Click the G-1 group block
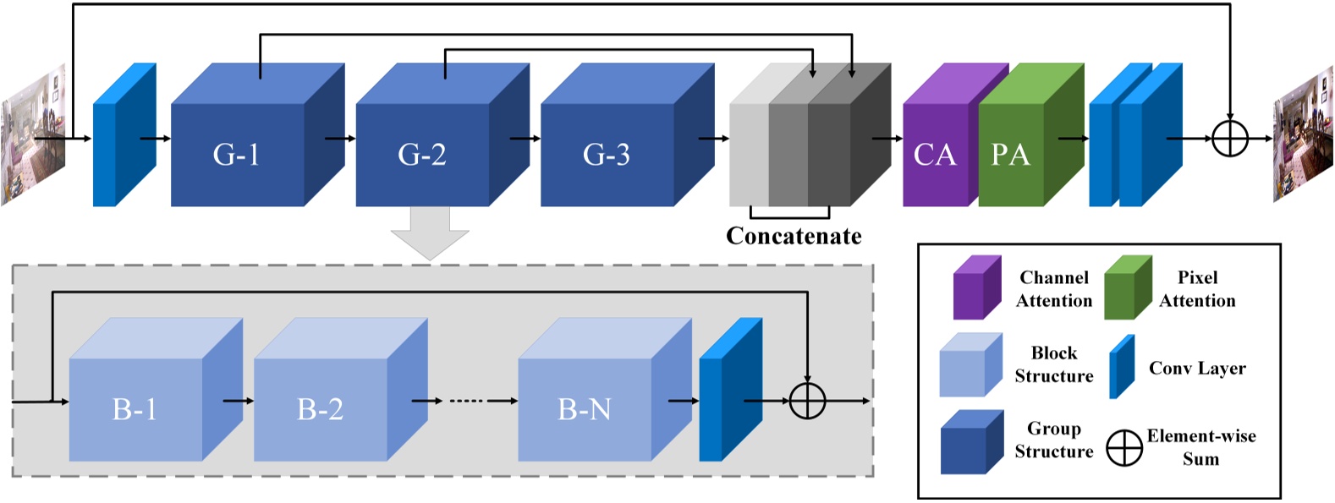point(238,155)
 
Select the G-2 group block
point(422,155)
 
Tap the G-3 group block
point(607,155)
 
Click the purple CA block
point(935,155)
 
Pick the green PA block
point(1012,155)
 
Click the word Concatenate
point(794,236)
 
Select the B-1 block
point(135,409)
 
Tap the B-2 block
point(321,409)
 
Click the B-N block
point(585,409)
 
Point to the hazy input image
point(32,135)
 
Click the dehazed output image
point(1303,135)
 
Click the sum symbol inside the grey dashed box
point(807,401)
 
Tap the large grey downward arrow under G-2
point(430,233)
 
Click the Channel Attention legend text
point(1054,289)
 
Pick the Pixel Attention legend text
point(1197,289)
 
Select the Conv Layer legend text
point(1197,369)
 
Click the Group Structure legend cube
point(971,443)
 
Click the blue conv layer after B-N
point(729,393)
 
